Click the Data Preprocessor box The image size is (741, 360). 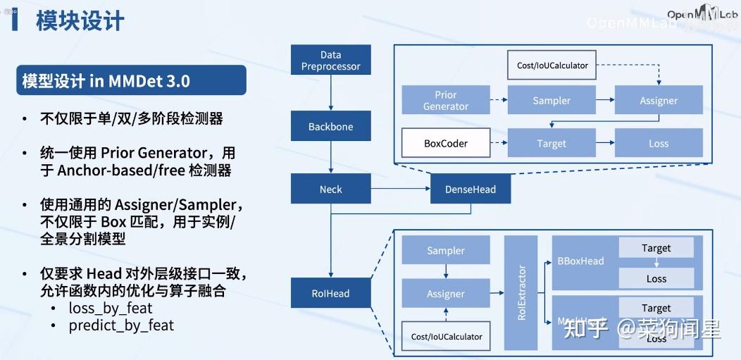(330, 61)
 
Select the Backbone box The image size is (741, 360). (330, 127)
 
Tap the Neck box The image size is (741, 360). (330, 189)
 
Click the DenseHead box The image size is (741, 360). (471, 189)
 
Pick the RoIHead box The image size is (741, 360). (330, 293)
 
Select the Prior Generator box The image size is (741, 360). (445, 101)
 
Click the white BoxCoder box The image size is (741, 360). (445, 143)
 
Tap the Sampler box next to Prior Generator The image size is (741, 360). (552, 101)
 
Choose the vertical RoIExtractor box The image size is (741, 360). (521, 293)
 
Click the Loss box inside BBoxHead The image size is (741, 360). (656, 278)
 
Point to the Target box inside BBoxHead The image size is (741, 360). (656, 248)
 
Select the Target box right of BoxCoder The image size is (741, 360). (552, 143)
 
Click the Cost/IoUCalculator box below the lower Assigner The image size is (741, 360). (447, 336)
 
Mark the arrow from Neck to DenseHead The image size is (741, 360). (400, 189)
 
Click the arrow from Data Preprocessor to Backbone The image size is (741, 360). (330, 93)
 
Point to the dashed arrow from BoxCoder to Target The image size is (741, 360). (498, 143)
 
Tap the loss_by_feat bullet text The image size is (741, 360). (110, 308)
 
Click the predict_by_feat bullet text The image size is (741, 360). (120, 325)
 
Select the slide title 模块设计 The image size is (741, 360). (80, 21)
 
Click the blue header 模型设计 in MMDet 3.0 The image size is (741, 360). (106, 81)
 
